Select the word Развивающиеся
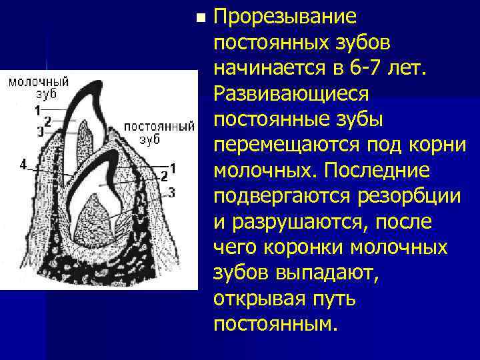tap(291, 93)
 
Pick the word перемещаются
tap(296, 145)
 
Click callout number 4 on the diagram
tap(23, 165)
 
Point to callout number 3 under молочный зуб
tap(40, 131)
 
